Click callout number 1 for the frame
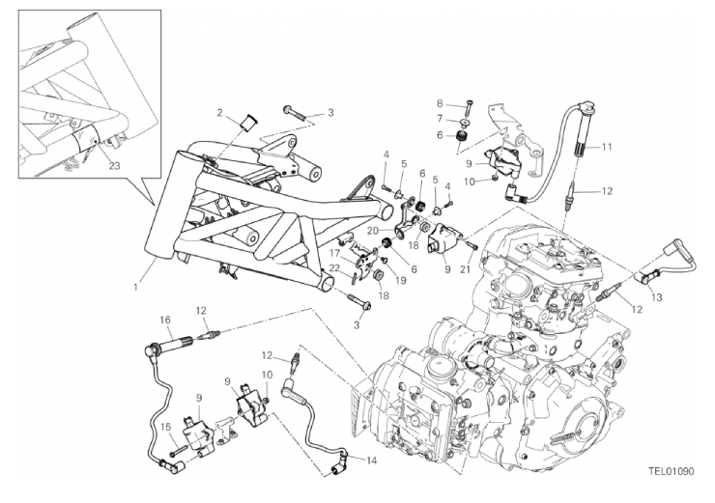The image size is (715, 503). (x=136, y=286)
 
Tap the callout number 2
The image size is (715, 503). (x=221, y=112)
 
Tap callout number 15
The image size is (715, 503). (x=165, y=424)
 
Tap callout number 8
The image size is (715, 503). (x=439, y=102)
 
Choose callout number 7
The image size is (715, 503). (x=439, y=119)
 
